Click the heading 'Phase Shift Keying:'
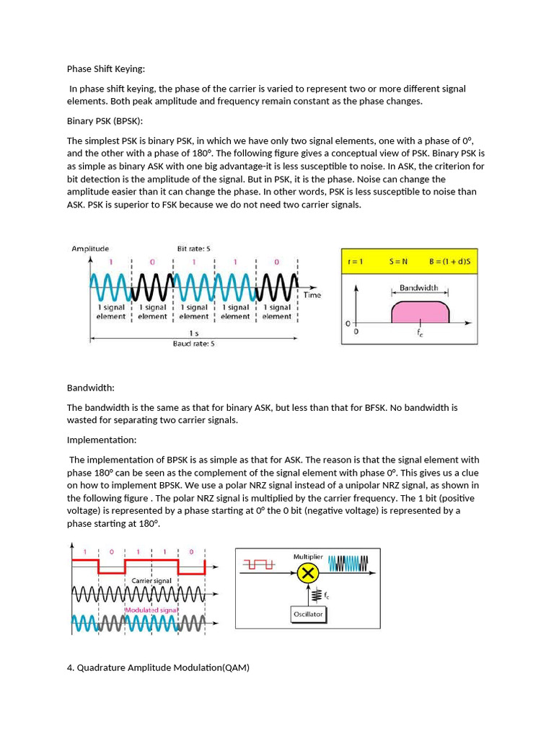[106, 69]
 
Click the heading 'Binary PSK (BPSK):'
[105, 121]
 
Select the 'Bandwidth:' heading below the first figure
[91, 388]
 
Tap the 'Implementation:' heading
[102, 440]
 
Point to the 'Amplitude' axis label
[90, 249]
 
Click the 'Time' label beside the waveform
[312, 295]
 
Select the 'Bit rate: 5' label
[193, 249]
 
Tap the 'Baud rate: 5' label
[193, 344]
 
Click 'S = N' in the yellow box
[399, 262]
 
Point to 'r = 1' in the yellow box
[355, 262]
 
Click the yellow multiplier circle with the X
[308, 573]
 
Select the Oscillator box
[308, 614]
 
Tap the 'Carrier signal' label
[151, 580]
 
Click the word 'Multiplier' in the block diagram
[309, 557]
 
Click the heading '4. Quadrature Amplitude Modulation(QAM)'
[158, 668]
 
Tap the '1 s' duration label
[193, 333]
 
